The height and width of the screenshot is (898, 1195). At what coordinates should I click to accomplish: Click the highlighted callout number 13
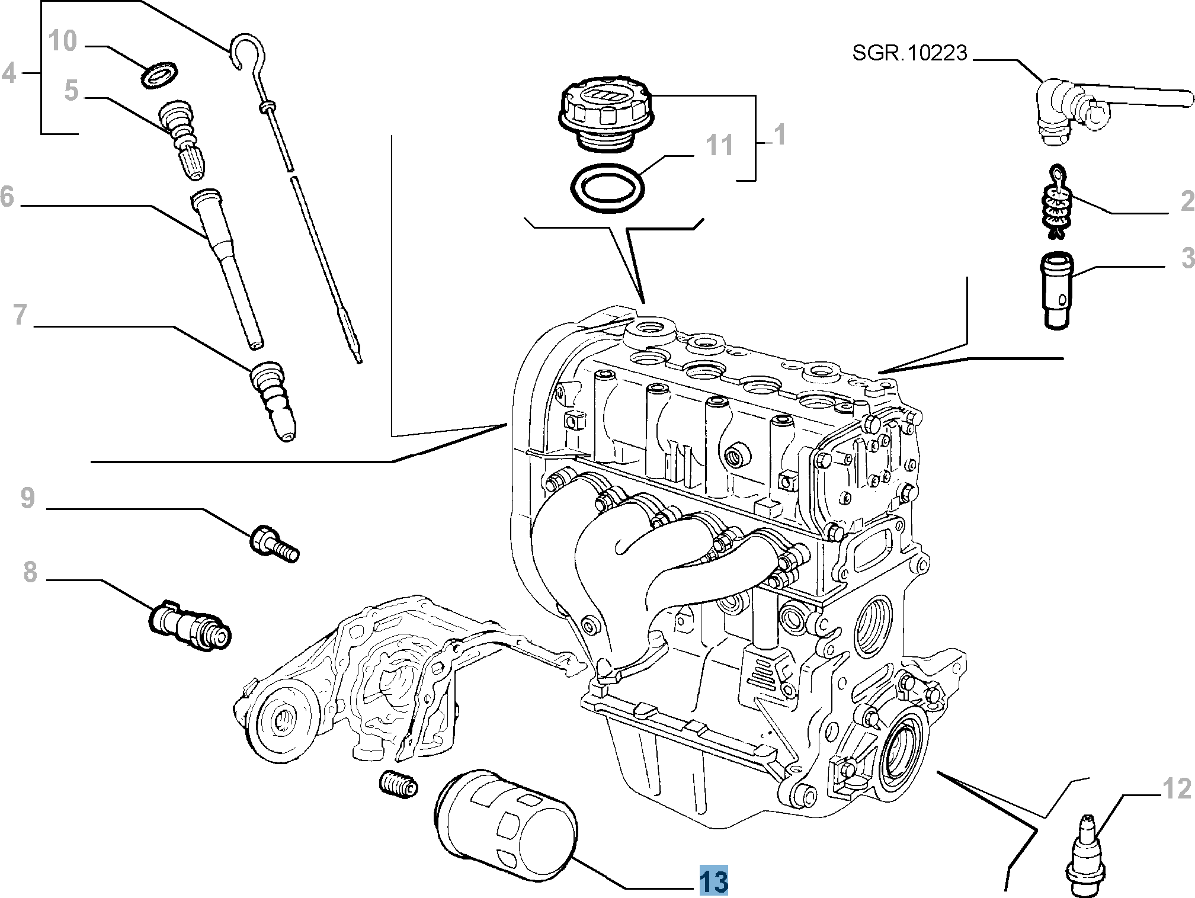[713, 881]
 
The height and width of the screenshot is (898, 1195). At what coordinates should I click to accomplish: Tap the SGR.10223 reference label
[909, 53]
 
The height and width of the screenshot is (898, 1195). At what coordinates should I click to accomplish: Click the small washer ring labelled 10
[161, 76]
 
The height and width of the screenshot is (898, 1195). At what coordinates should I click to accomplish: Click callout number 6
[7, 197]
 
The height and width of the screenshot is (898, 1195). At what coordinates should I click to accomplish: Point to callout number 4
[8, 74]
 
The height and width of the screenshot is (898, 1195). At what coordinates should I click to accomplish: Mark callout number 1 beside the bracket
[780, 135]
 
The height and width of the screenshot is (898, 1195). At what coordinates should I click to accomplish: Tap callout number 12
[1176, 790]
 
